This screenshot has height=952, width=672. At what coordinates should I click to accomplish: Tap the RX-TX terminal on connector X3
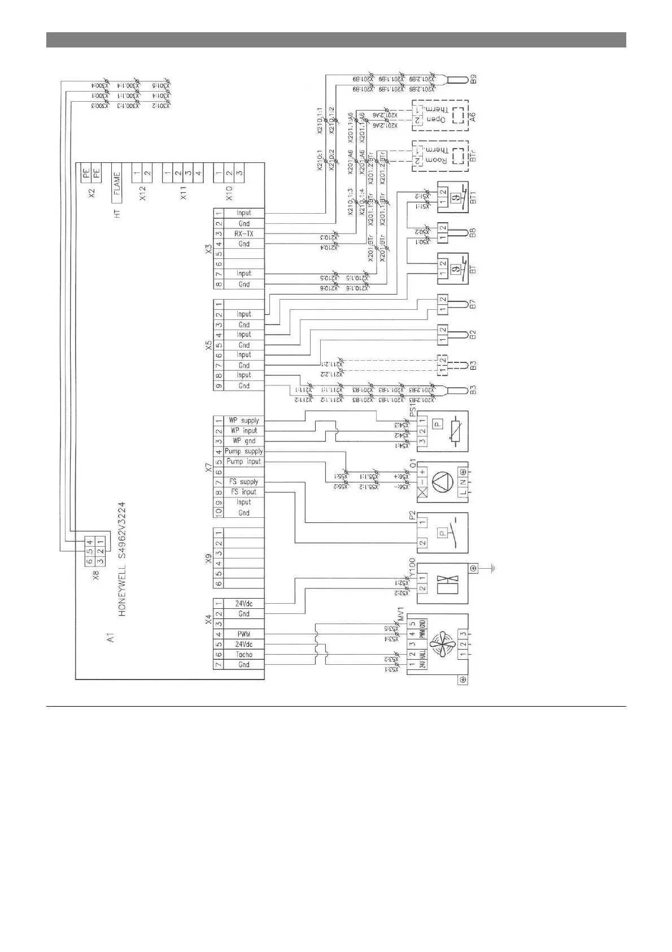244,233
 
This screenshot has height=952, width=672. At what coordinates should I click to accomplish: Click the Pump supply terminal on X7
244,451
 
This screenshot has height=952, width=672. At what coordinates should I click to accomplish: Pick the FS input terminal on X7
244,492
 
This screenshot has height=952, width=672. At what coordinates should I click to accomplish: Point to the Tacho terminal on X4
244,654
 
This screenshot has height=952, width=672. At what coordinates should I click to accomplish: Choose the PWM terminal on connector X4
244,634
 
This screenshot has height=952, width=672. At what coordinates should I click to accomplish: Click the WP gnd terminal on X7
244,441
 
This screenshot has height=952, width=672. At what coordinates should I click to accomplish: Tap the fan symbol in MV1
443,644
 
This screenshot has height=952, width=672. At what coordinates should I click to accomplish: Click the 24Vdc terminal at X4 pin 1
244,604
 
